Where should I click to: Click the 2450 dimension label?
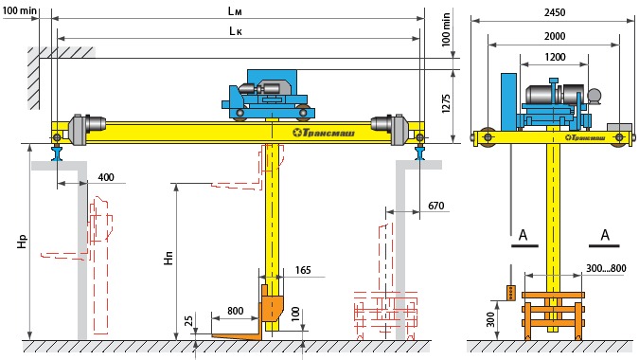coord(555,12)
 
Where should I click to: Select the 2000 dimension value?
coord(555,36)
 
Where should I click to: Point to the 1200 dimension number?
coord(555,57)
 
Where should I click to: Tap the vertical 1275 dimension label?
coord(446,103)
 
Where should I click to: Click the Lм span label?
coord(235,11)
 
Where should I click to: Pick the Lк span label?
coord(236,31)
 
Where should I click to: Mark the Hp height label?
coord(22,241)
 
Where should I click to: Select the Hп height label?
coord(169,258)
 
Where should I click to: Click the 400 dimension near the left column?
coord(106,177)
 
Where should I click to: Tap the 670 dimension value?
coord(435,206)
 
